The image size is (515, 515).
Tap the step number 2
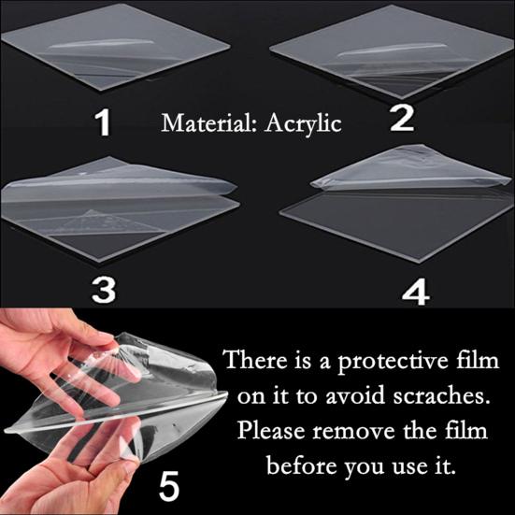click(x=401, y=118)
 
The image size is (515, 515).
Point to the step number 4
click(x=415, y=291)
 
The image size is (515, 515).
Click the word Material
click(x=198, y=122)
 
